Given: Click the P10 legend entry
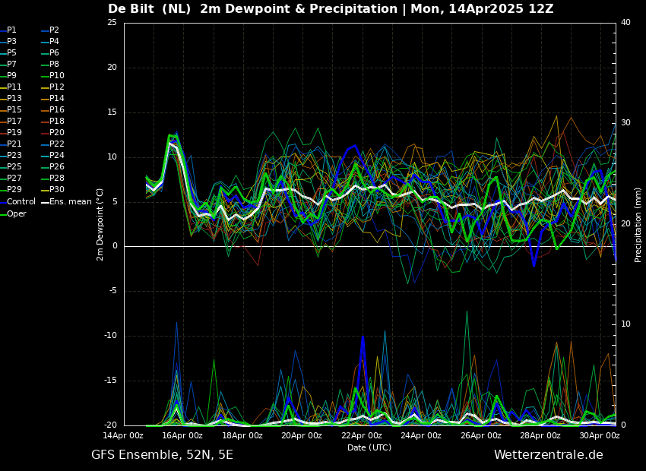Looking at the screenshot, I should (56, 76).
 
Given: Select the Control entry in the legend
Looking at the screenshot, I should (21, 202).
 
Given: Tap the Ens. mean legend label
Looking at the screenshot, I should (70, 202).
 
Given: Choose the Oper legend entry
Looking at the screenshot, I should (16, 214).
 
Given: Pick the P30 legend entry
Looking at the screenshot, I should (56, 190).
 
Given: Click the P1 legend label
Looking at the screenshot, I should (11, 30).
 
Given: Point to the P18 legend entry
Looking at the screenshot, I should (56, 122).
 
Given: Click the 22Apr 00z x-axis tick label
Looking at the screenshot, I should (362, 436).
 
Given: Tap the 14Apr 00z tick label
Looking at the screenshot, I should (124, 436).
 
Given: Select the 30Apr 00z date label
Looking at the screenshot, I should (599, 436).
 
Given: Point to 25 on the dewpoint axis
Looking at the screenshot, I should (112, 23).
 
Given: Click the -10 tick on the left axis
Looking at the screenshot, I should (110, 336).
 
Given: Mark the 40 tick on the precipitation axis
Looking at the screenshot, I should (625, 23).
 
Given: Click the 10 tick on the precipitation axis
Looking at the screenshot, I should (625, 324).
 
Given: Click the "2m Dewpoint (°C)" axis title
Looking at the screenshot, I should (100, 224).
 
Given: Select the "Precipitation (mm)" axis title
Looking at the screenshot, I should (638, 224).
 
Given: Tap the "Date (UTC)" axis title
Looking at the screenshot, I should (369, 448).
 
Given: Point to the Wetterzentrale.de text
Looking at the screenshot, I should (548, 455).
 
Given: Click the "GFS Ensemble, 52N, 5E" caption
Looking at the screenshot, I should (162, 455).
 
